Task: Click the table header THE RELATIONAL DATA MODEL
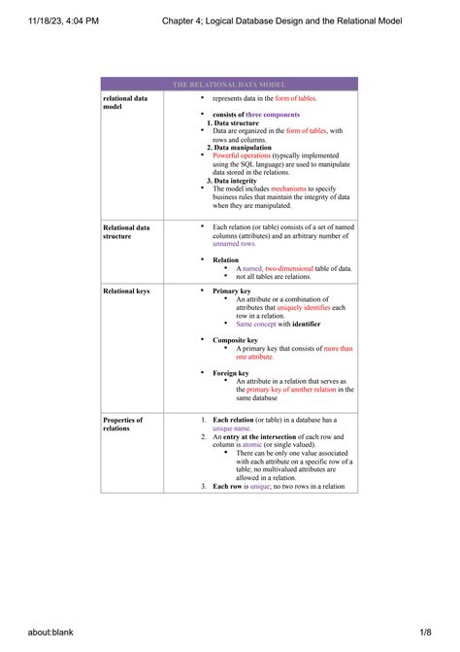point(229,85)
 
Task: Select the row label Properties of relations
point(123,424)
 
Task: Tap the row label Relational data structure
point(126,231)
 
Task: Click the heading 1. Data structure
point(233,123)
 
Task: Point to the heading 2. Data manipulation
point(239,148)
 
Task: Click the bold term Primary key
point(232,291)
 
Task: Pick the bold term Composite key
point(235,340)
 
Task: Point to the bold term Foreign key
point(231,373)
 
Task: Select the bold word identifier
point(306,324)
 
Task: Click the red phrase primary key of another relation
point(296,390)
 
